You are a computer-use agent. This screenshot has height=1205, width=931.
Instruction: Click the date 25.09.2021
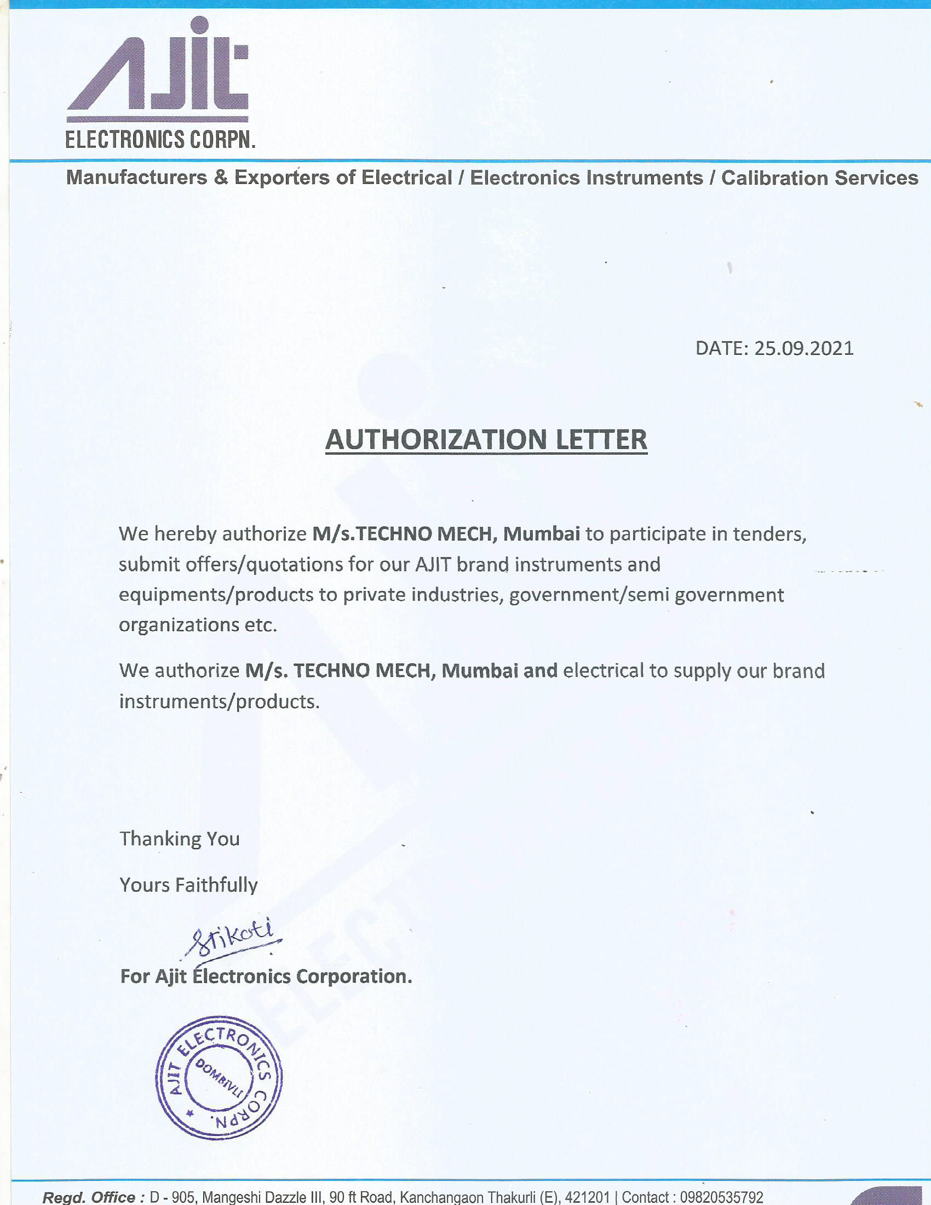[803, 348]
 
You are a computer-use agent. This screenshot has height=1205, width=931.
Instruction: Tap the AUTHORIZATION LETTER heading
[486, 440]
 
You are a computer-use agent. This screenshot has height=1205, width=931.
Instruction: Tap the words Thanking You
[180, 839]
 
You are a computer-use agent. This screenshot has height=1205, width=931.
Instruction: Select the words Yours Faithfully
[188, 885]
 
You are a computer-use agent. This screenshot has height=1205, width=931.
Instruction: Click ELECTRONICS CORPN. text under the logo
[160, 140]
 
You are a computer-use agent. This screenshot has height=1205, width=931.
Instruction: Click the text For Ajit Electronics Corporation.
[266, 977]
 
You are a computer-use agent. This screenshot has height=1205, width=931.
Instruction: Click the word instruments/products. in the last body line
[220, 702]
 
